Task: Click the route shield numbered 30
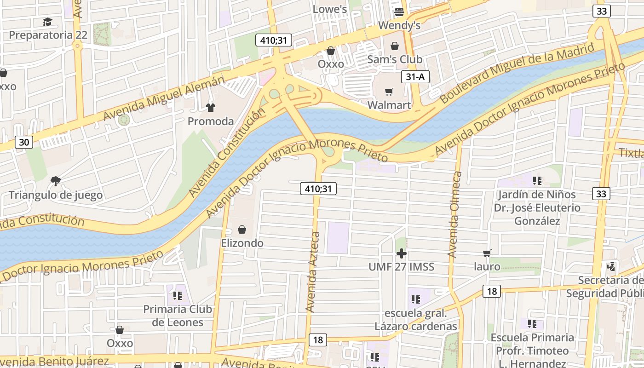click(x=24, y=142)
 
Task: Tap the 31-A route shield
click(x=415, y=77)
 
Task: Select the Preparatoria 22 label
click(x=48, y=35)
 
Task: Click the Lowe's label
click(x=329, y=9)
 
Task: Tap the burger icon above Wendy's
click(x=399, y=12)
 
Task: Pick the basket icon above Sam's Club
click(x=394, y=46)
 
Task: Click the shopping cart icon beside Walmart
click(x=389, y=92)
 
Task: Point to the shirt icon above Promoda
click(x=211, y=108)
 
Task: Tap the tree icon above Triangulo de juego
click(x=56, y=181)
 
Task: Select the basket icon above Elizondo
click(x=242, y=230)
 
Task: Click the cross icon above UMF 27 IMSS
click(x=402, y=253)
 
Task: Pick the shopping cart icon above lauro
click(x=487, y=253)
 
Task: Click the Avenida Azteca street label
click(x=313, y=271)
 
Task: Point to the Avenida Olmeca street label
click(x=455, y=214)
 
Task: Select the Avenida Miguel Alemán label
click(x=164, y=98)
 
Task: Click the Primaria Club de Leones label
click(x=178, y=316)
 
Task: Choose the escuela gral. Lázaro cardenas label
click(x=416, y=320)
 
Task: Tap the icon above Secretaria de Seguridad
click(x=611, y=266)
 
